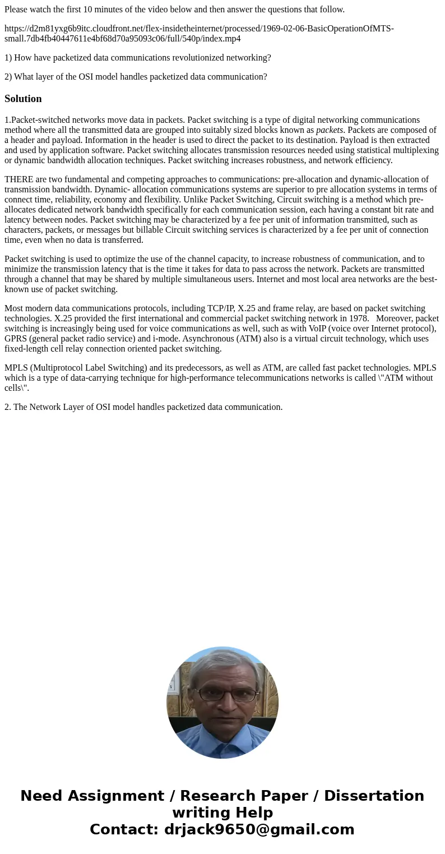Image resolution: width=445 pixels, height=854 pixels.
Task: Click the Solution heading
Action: point(23,99)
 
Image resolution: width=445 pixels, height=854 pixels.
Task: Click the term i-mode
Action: point(166,338)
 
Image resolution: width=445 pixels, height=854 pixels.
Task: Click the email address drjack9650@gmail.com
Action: point(259,829)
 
